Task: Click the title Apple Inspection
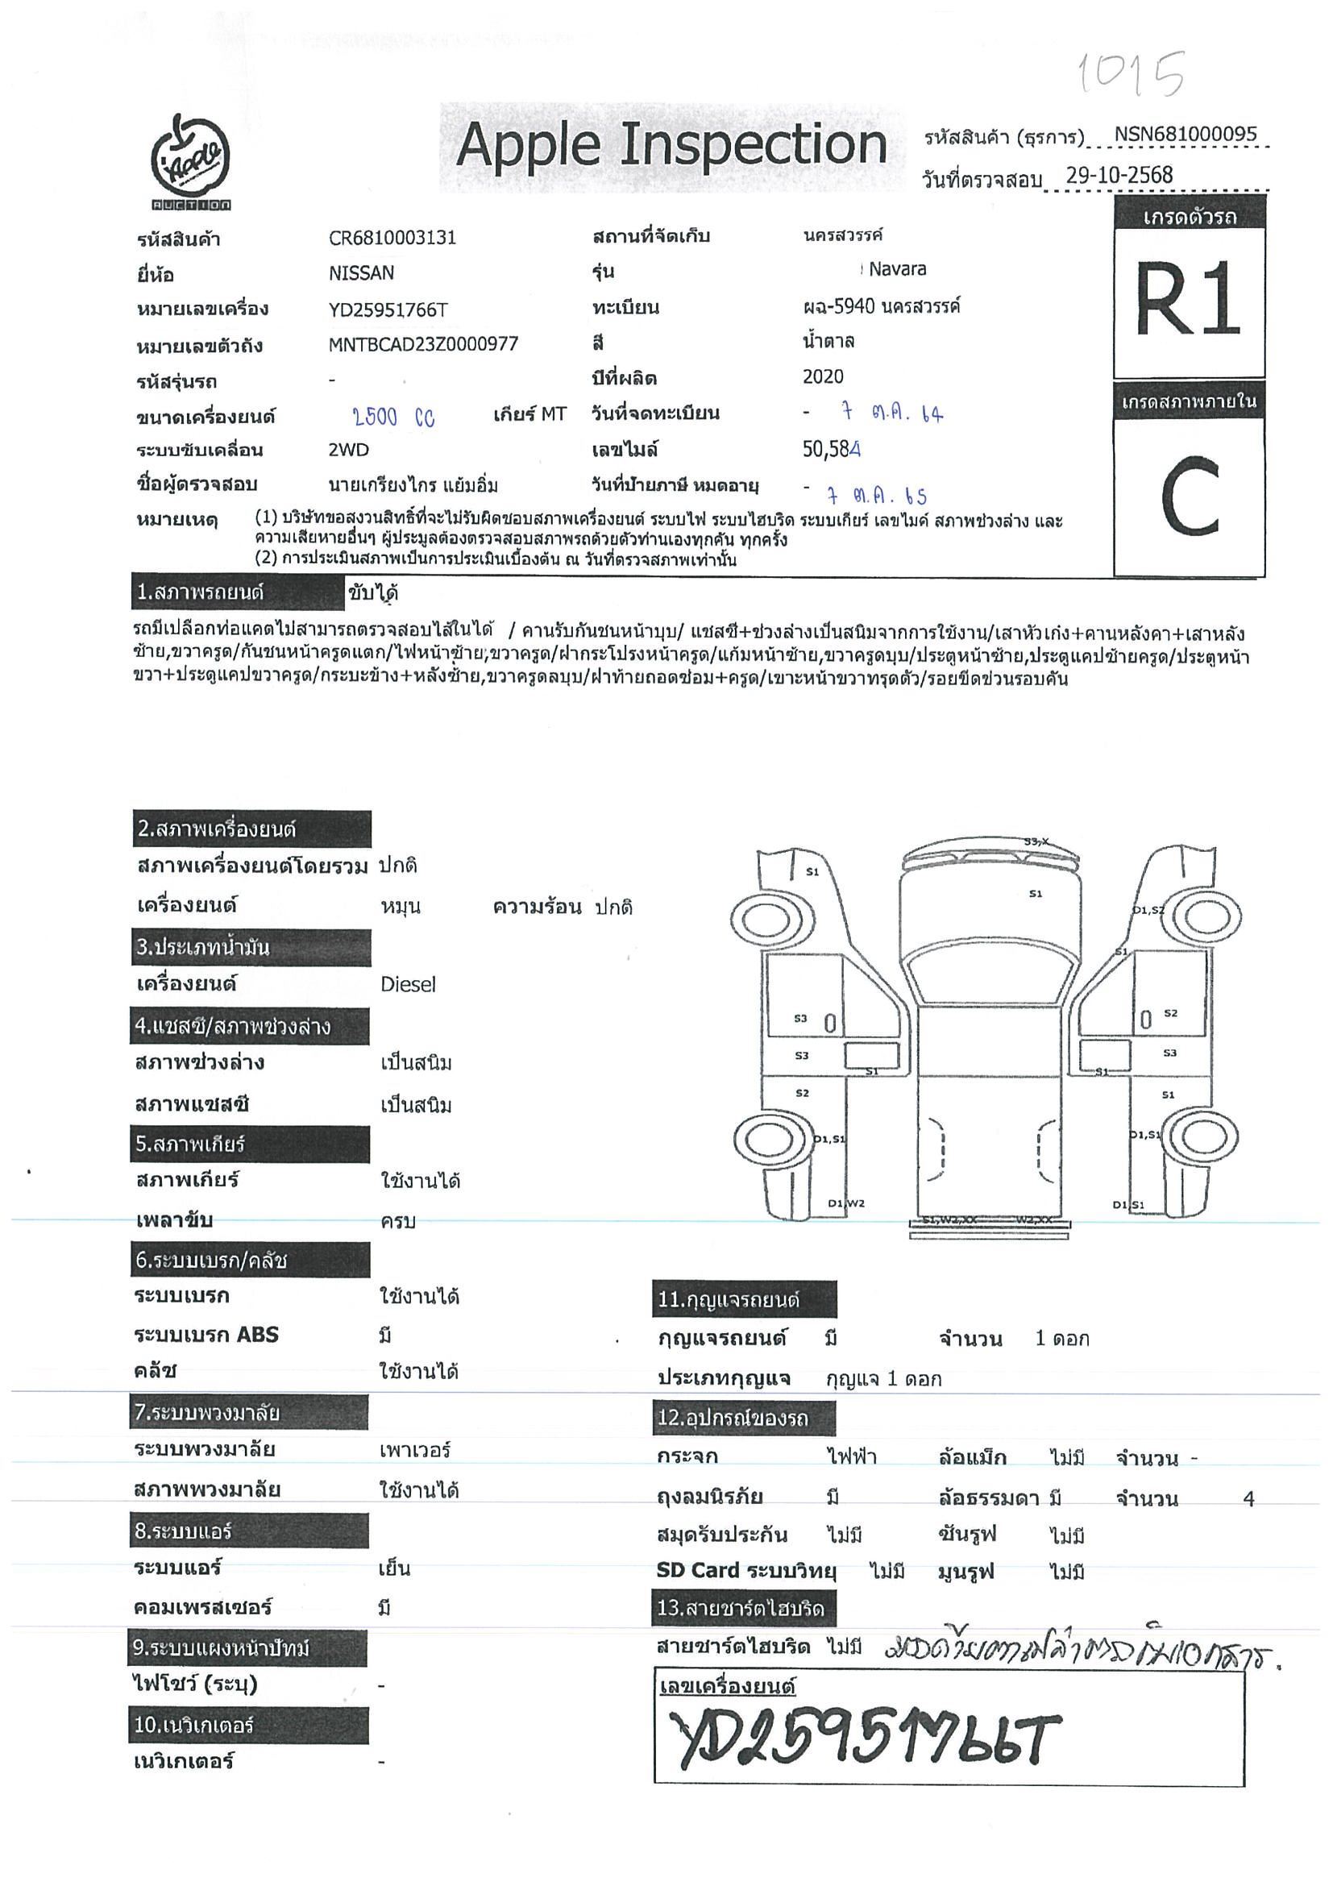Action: click(671, 145)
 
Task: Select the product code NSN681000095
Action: click(1185, 135)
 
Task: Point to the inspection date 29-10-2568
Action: click(1119, 175)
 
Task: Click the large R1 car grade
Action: click(1188, 299)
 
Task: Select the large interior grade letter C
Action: click(1189, 496)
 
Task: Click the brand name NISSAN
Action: click(360, 272)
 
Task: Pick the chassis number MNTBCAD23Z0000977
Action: click(423, 344)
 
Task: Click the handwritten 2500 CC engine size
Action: click(393, 417)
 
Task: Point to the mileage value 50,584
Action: click(831, 449)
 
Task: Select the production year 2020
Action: click(822, 376)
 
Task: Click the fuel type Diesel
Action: click(407, 984)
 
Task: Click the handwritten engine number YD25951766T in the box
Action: click(862, 1739)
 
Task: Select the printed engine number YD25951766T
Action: click(388, 309)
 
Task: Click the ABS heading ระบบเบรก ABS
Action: click(206, 1335)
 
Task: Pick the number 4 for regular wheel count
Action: click(1248, 1499)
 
